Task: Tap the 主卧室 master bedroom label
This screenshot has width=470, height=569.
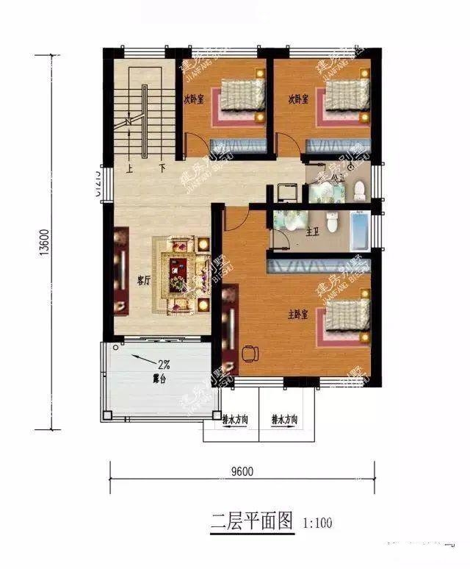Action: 297,315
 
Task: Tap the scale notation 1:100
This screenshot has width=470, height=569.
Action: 317,523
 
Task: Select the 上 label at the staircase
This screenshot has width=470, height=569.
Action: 130,168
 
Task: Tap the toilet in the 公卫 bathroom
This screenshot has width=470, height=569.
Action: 360,191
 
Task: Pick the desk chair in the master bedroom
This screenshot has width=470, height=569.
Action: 249,354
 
